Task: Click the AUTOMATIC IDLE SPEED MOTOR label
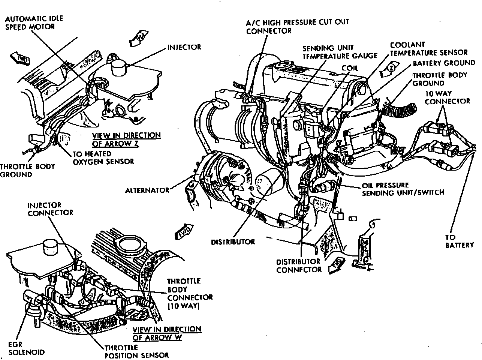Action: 34,22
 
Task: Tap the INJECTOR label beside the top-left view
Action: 184,47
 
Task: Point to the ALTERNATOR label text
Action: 147,190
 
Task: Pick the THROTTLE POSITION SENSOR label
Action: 136,351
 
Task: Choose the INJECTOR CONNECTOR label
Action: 50,209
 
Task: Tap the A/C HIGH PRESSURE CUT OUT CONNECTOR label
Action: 297,26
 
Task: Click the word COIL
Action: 350,69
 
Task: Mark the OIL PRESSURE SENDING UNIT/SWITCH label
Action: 403,189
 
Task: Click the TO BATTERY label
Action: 460,241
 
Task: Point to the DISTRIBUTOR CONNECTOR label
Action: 299,265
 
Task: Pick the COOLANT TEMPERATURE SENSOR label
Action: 428,49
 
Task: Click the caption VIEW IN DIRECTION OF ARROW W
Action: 167,333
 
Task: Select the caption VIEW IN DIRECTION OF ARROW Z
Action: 126,139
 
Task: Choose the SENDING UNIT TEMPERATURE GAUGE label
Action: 340,52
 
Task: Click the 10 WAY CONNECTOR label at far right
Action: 447,97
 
